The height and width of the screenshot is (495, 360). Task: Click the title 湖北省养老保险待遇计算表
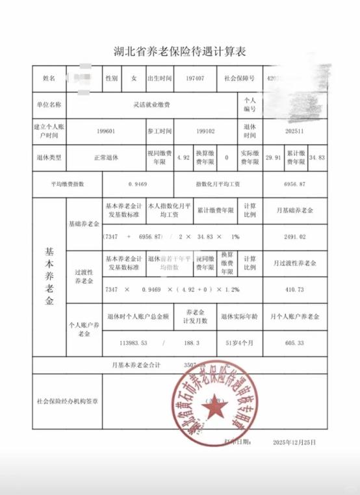click(181, 50)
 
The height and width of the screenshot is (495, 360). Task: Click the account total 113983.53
click(130, 343)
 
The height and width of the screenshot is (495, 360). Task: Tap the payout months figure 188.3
click(194, 343)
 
